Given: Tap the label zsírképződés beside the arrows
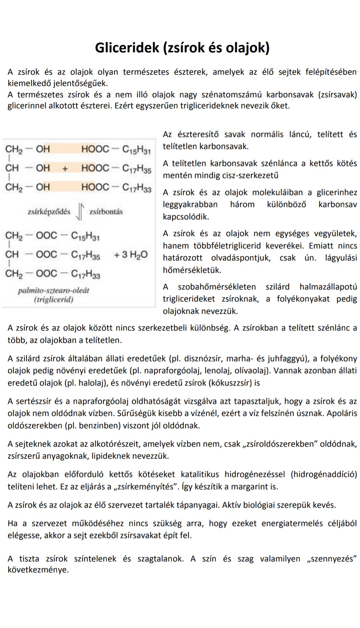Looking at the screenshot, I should point(49,212).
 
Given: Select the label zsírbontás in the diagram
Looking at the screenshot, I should point(106,212).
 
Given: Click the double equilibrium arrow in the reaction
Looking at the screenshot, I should point(80,212).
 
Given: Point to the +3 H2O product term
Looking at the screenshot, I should point(131,255).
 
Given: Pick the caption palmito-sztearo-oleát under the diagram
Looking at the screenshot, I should point(54,290).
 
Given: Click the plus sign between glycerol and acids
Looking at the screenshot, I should point(65,168).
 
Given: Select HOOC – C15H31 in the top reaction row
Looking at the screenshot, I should point(116,149).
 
